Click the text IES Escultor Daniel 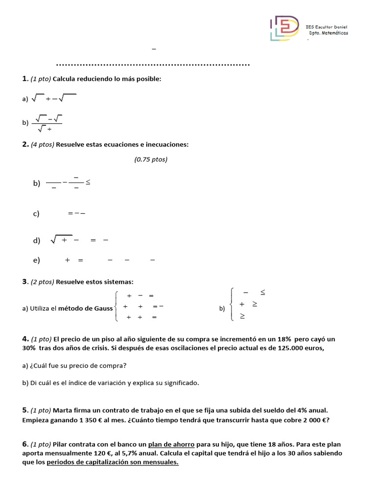point(326,27)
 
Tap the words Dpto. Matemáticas point(329,33)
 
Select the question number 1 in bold point(24,79)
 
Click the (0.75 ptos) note point(151,159)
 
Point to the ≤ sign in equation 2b point(88,182)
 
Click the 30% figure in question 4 point(29,348)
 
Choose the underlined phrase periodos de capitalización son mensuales point(113,463)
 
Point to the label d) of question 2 point(36,241)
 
